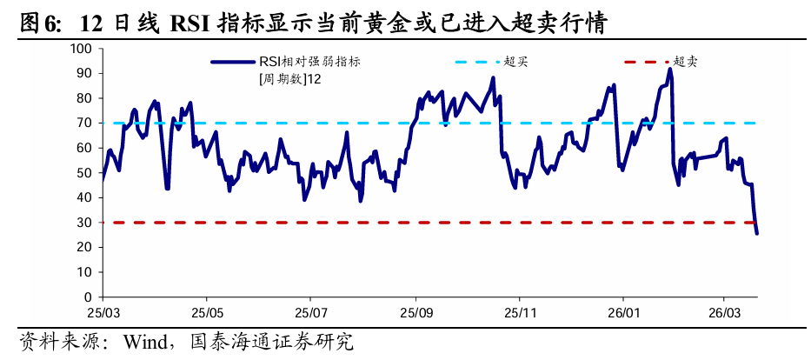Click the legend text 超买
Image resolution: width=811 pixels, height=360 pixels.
(x=516, y=62)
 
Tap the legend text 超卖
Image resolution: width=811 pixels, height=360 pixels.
(x=686, y=62)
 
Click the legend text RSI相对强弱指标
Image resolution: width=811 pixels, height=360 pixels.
(x=309, y=62)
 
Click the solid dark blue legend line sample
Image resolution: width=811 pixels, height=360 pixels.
(x=232, y=62)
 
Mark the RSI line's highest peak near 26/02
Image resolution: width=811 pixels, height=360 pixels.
(x=670, y=70)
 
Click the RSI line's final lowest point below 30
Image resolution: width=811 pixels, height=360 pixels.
(x=756, y=233)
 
